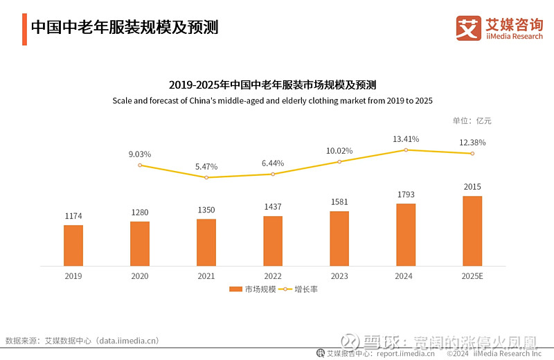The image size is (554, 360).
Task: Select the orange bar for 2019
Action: pyautogui.click(x=73, y=245)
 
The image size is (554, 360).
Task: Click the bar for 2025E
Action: pyautogui.click(x=472, y=231)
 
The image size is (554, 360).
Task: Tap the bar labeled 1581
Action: pyautogui.click(x=339, y=238)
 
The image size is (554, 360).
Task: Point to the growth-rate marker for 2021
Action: pyautogui.click(x=206, y=177)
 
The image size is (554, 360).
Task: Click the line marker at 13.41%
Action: pyautogui.click(x=406, y=150)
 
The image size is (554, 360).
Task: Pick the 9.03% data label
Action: pyautogui.click(x=140, y=154)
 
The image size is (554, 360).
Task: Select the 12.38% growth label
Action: pyautogui.click(x=472, y=143)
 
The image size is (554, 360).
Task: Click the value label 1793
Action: pyautogui.click(x=406, y=194)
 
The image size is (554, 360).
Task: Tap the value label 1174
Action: pyautogui.click(x=73, y=216)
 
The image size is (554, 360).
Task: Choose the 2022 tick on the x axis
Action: pyautogui.click(x=273, y=276)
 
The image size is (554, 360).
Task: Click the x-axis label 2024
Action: pyautogui.click(x=406, y=276)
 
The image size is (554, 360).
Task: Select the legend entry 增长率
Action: pyautogui.click(x=298, y=289)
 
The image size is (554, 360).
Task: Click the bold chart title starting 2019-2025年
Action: pyautogui.click(x=272, y=86)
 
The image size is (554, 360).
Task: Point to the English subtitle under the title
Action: pyautogui.click(x=272, y=101)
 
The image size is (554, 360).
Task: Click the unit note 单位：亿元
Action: pyautogui.click(x=472, y=120)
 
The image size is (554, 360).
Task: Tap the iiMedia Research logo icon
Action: pyautogui.click(x=468, y=28)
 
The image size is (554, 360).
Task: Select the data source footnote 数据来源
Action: pyautogui.click(x=82, y=340)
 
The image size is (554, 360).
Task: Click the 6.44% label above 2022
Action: pyautogui.click(x=273, y=163)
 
